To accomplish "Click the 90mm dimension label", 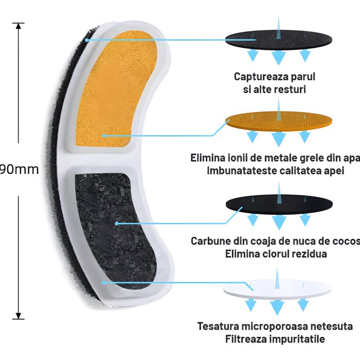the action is (x=20, y=169).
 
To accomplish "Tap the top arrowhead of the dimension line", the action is (x=19, y=26).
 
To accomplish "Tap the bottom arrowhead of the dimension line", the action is (x=19, y=316).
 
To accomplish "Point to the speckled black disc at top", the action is (x=279, y=40).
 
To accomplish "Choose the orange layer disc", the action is (x=279, y=121).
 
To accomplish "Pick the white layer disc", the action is (x=277, y=290).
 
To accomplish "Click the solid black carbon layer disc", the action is (x=279, y=204).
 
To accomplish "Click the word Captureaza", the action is (x=261, y=77).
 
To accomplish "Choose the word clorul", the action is (x=271, y=254).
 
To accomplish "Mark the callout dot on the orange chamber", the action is (x=103, y=136).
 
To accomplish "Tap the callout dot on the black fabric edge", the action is (x=87, y=40).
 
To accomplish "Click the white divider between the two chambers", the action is (x=101, y=160).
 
